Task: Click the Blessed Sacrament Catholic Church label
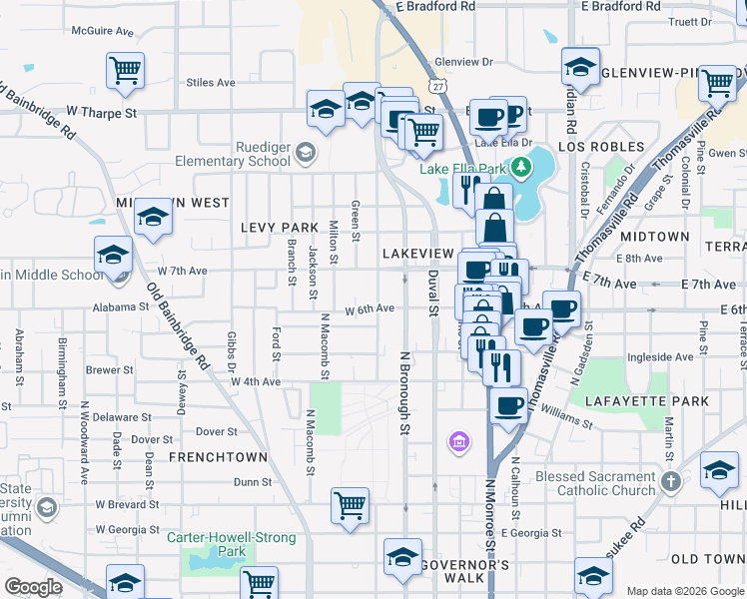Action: point(594,483)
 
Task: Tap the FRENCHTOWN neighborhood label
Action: point(218,457)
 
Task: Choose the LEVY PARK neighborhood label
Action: point(279,228)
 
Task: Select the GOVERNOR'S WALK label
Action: point(464,565)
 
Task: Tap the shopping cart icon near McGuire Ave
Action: point(126,70)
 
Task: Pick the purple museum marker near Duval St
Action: point(459,440)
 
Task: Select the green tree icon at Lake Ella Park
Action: point(519,166)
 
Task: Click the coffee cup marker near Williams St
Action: point(509,405)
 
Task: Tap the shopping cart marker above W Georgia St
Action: point(350,506)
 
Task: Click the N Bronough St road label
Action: point(405,392)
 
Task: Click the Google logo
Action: point(34,587)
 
